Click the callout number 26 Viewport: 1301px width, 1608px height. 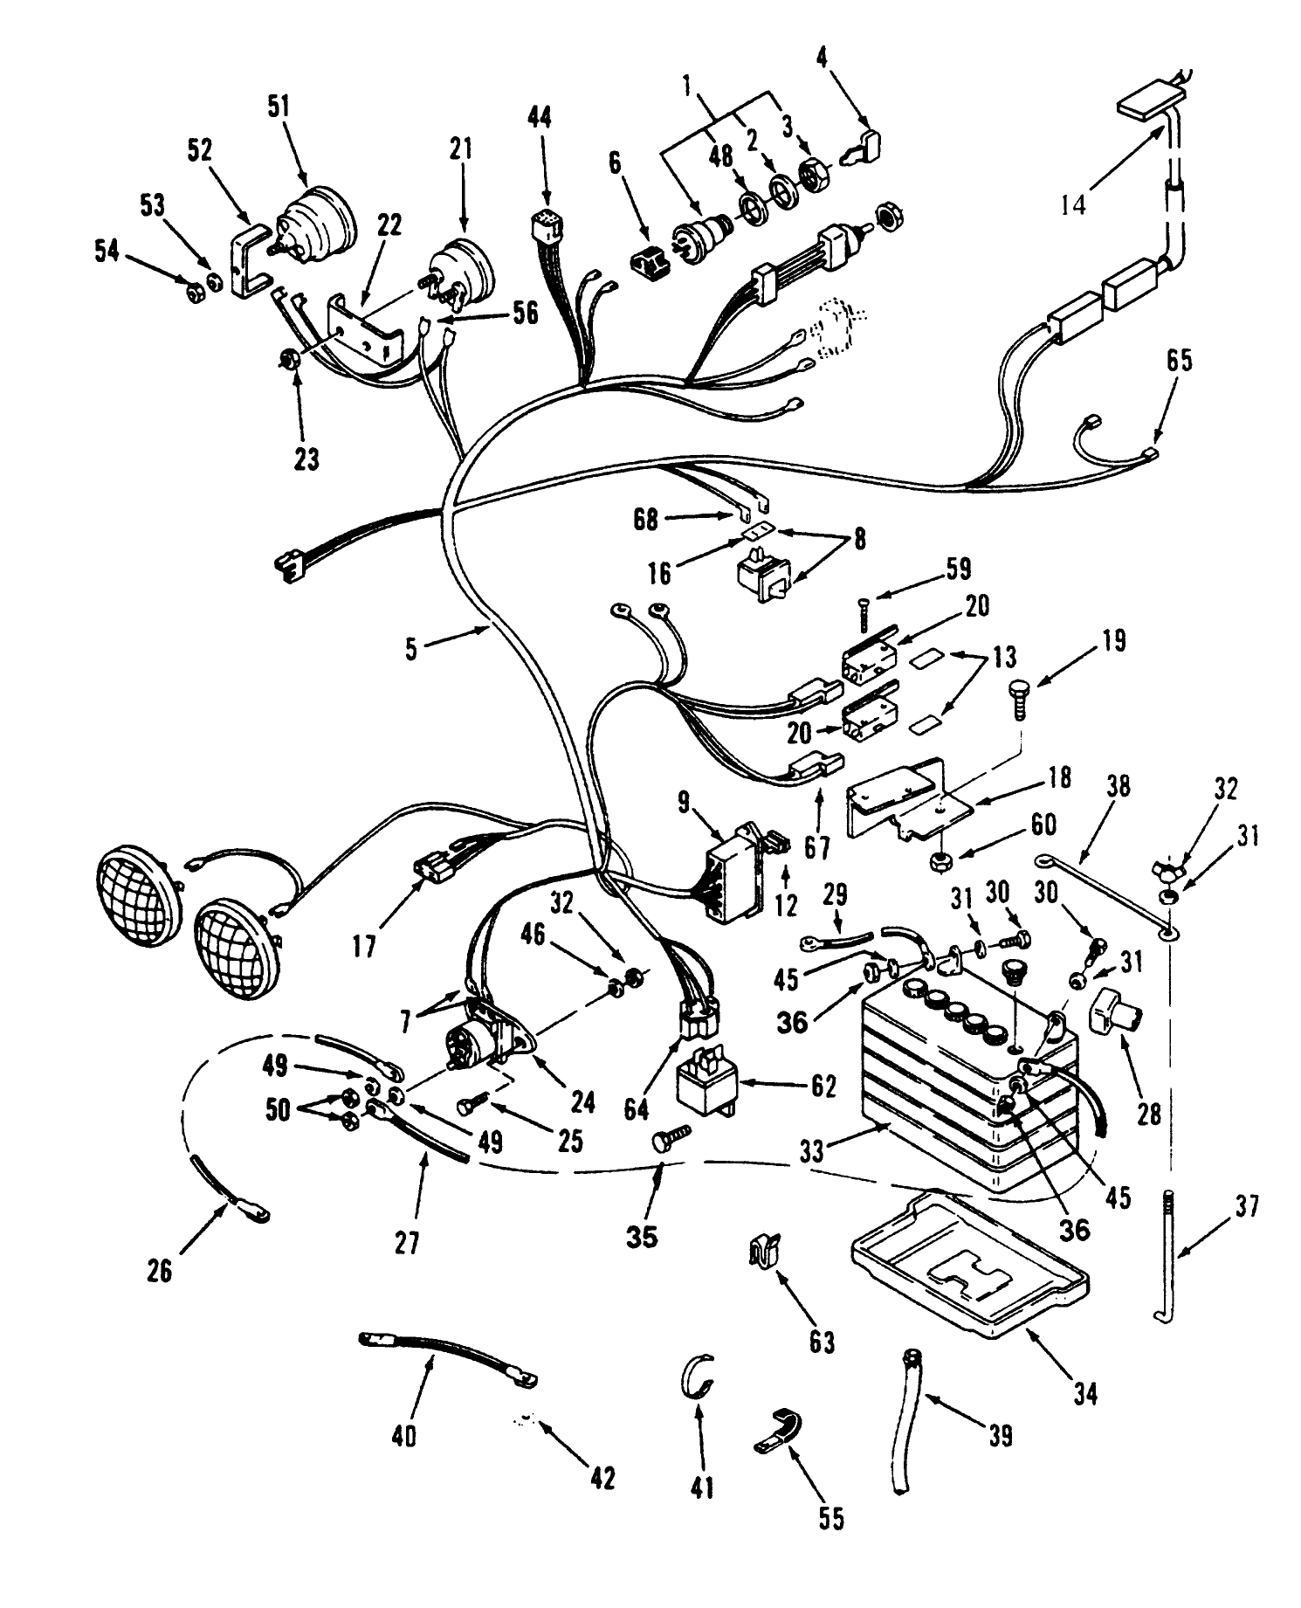(159, 1273)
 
